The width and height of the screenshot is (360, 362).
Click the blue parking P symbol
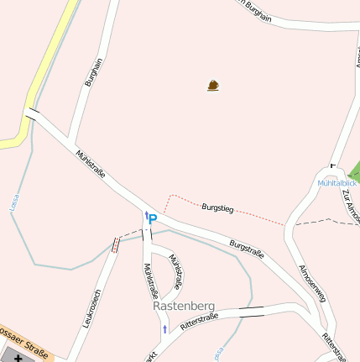(153, 219)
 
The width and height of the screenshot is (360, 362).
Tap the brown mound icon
(214, 85)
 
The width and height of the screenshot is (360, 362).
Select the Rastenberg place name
(185, 306)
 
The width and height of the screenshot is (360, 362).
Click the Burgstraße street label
(247, 249)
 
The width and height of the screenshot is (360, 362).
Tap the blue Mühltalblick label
(337, 182)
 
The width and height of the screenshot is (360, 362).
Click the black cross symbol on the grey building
(18, 358)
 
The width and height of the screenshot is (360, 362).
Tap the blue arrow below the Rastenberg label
(164, 328)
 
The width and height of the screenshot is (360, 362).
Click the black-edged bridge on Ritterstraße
(250, 309)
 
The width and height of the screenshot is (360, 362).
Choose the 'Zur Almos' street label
(350, 205)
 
